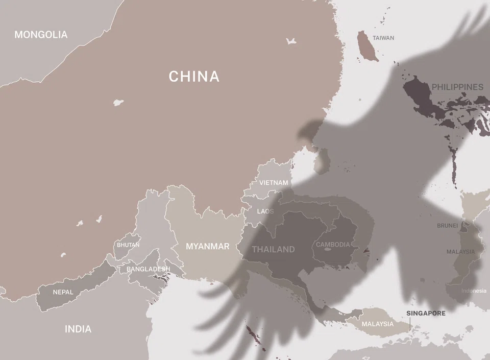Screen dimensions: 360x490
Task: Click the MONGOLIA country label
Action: point(41,35)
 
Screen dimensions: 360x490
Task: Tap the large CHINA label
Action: point(194,77)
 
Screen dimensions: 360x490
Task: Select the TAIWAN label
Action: point(383,38)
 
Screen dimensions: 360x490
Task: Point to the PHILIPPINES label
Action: point(457,87)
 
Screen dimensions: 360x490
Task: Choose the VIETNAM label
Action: point(274,183)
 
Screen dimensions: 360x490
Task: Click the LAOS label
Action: point(265,211)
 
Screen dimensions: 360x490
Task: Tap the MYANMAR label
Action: point(207,246)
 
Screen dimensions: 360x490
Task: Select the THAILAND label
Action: point(273,249)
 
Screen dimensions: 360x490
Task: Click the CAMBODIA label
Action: point(333,245)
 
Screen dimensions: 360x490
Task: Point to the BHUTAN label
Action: point(128,245)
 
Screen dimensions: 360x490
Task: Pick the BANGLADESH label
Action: point(148,269)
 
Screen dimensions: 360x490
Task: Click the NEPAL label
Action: point(63,293)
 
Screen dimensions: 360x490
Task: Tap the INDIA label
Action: point(78,329)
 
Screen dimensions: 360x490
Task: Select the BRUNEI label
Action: point(448,225)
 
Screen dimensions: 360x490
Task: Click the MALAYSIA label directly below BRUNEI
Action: point(460,252)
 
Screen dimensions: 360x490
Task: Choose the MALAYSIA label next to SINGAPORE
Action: point(378,324)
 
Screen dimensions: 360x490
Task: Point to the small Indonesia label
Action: point(474,291)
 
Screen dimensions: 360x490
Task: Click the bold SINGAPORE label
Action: point(426,313)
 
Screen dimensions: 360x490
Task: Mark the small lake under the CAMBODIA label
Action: point(328,250)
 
